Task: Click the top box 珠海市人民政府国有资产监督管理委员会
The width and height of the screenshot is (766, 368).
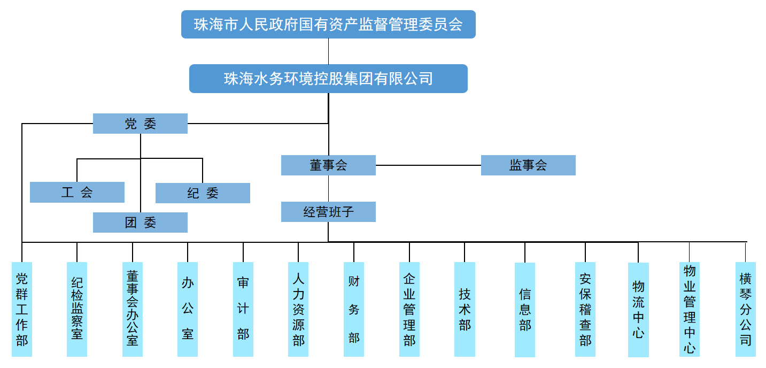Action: (x=328, y=25)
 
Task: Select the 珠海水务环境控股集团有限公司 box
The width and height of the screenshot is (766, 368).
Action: (x=328, y=79)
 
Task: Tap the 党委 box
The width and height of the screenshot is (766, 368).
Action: (x=140, y=124)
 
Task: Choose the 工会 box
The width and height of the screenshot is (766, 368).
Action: (x=77, y=193)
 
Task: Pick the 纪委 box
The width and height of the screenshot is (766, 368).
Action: (x=203, y=193)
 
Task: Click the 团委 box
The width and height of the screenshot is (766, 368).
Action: (x=140, y=223)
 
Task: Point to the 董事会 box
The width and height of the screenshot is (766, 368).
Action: (x=328, y=165)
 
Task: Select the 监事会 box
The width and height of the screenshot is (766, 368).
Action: (x=528, y=165)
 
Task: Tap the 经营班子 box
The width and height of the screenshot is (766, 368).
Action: (x=328, y=212)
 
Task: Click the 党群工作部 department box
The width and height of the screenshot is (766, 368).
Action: (x=22, y=309)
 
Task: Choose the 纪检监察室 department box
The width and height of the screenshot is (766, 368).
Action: (x=77, y=309)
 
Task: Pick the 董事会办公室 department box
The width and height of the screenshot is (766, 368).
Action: (x=133, y=309)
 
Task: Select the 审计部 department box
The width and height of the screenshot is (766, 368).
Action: (x=243, y=309)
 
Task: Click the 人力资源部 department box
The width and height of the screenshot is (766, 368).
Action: (x=298, y=309)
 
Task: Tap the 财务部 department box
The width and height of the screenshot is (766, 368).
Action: (x=354, y=309)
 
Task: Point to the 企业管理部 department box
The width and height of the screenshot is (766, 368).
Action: (x=409, y=309)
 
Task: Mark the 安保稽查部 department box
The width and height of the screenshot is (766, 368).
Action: (x=585, y=309)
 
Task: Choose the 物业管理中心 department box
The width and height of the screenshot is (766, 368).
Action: (x=690, y=309)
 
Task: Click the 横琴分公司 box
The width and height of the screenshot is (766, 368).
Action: (x=746, y=309)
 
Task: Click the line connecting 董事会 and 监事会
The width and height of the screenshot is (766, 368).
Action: (x=428, y=165)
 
